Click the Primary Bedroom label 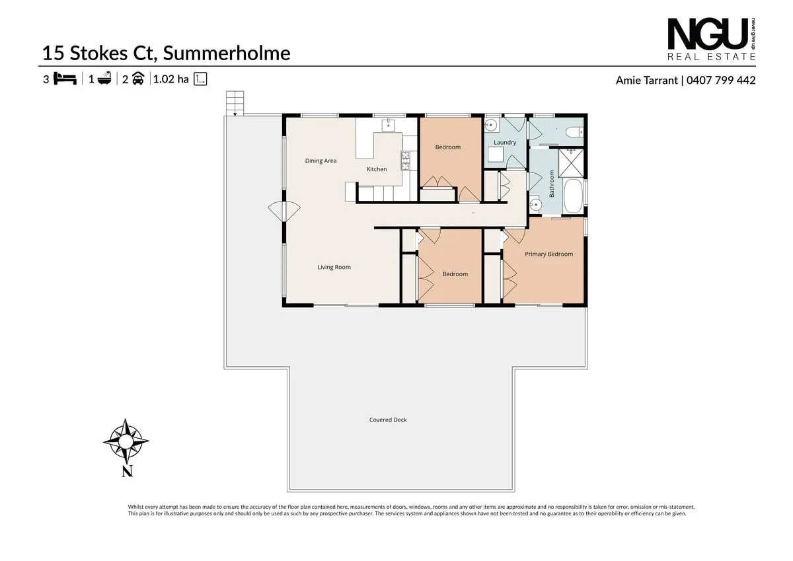click(548, 254)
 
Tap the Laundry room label click(505, 142)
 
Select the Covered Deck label click(388, 420)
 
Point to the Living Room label click(334, 267)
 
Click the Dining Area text click(321, 161)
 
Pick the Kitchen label click(377, 169)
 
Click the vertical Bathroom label click(552, 184)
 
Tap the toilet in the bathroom click(574, 131)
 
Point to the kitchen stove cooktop click(405, 159)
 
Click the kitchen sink click(387, 124)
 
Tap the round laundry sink click(491, 125)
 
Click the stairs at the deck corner click(235, 102)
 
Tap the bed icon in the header click(64, 79)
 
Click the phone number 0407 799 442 click(720, 80)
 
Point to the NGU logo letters click(706, 34)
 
